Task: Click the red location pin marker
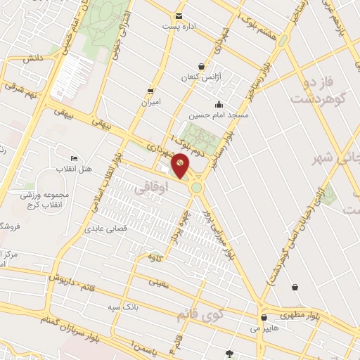click(181, 165)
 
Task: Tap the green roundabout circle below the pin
click(196, 188)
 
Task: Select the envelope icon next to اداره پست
click(179, 15)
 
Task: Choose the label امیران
click(151, 102)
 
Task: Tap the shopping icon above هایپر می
click(263, 317)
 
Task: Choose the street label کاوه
click(156, 257)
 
